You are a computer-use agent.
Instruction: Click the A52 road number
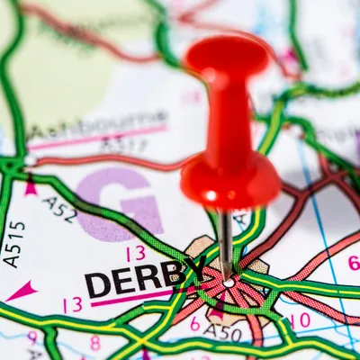coord(59,210)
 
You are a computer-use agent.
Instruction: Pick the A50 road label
coord(224,333)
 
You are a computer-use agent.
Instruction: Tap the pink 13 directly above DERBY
coord(135,253)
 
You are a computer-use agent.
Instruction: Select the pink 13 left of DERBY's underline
coord(72,304)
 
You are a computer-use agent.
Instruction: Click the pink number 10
coord(300,319)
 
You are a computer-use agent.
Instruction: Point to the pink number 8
coord(94,342)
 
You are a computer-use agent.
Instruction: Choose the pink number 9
coord(32,338)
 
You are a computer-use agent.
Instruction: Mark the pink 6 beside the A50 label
coord(194,323)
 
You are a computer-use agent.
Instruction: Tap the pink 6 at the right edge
coord(353,263)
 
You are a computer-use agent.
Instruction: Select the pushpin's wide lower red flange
coord(230,180)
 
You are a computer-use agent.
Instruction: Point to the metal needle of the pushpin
coord(226,238)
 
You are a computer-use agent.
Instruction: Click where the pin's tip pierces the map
coord(229,281)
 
